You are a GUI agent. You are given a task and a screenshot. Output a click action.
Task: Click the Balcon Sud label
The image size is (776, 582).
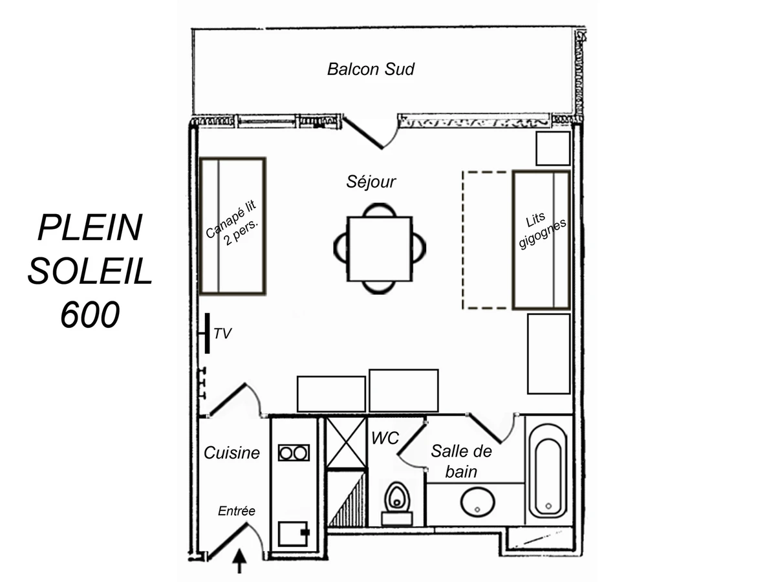tap(371, 69)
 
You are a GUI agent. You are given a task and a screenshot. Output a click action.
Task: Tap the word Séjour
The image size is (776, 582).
tap(371, 182)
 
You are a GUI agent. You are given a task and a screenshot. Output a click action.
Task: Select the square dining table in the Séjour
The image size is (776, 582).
tap(380, 249)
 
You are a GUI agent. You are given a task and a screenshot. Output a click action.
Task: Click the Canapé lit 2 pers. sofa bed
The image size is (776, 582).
tap(232, 226)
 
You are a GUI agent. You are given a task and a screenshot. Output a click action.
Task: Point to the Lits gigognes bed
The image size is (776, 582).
tap(541, 240)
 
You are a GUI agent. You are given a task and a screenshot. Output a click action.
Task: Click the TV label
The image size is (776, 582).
tap(222, 334)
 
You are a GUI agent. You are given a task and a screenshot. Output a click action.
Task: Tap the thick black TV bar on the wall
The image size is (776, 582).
tap(207, 334)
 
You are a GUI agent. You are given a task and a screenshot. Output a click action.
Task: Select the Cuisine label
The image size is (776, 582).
tap(232, 453)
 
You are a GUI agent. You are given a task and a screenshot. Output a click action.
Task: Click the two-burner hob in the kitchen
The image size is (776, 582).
tap(294, 453)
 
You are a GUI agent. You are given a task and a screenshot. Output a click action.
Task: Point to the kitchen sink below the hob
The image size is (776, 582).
tap(294, 533)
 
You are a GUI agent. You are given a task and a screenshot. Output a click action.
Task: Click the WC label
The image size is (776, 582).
tap(385, 438)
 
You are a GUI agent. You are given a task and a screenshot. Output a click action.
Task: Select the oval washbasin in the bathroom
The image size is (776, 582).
tap(477, 502)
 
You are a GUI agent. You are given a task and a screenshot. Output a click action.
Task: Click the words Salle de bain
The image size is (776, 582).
tap(461, 461)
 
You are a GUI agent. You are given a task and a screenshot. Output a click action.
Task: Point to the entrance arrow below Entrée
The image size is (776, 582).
tap(240, 561)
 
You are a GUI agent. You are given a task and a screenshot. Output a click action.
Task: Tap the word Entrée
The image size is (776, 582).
tap(237, 512)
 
